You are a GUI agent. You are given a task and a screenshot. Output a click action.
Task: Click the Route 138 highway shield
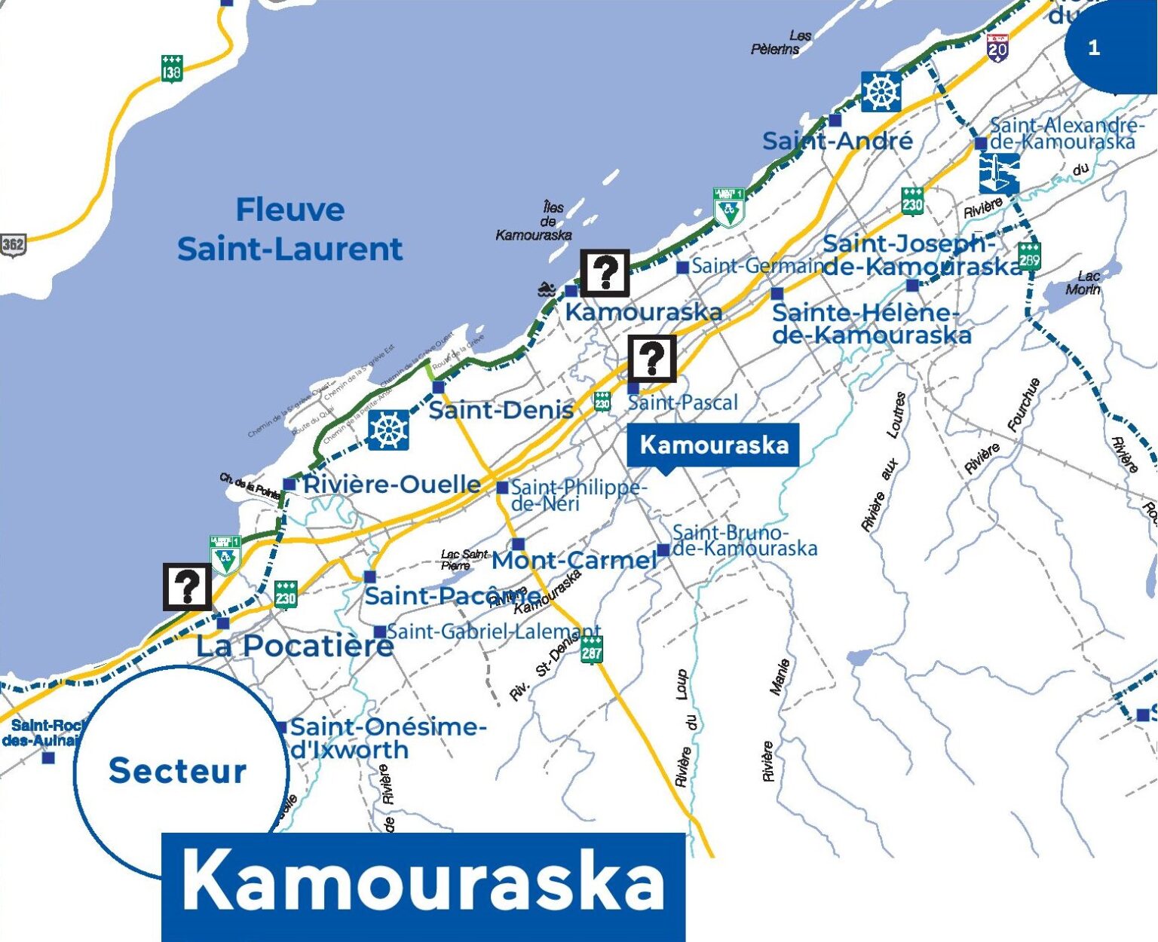(x=172, y=69)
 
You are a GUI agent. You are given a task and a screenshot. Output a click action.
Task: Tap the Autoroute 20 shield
(x=997, y=48)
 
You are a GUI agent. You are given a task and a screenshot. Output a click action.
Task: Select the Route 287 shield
(x=592, y=649)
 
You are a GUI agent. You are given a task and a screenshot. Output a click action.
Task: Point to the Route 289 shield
(x=1029, y=257)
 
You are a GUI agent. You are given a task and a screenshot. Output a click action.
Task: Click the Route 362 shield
(x=12, y=244)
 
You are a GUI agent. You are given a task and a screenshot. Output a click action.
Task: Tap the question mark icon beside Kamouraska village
(x=605, y=273)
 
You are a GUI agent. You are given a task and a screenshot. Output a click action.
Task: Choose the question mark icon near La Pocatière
(x=188, y=586)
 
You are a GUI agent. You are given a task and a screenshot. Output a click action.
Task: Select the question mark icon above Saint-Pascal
(x=652, y=358)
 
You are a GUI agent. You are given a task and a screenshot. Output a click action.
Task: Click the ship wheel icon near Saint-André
(x=881, y=93)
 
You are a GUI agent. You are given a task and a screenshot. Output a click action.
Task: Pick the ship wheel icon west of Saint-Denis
(x=388, y=430)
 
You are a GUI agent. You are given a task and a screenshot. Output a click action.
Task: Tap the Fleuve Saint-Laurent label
(x=290, y=229)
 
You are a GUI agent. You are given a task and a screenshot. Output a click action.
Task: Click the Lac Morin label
(x=1084, y=283)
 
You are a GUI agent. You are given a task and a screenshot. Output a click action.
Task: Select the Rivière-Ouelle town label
(x=391, y=484)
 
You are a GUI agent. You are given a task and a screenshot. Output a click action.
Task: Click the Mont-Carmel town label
(x=574, y=560)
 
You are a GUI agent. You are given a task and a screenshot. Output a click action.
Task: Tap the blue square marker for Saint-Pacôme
(x=369, y=577)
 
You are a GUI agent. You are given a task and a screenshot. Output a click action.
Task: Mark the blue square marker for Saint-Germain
(x=682, y=268)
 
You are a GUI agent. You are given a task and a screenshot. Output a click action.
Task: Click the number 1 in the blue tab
(x=1094, y=48)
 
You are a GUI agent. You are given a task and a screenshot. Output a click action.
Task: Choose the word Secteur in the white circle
(x=177, y=770)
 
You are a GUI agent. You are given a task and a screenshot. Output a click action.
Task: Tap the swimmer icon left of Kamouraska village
(x=547, y=289)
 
